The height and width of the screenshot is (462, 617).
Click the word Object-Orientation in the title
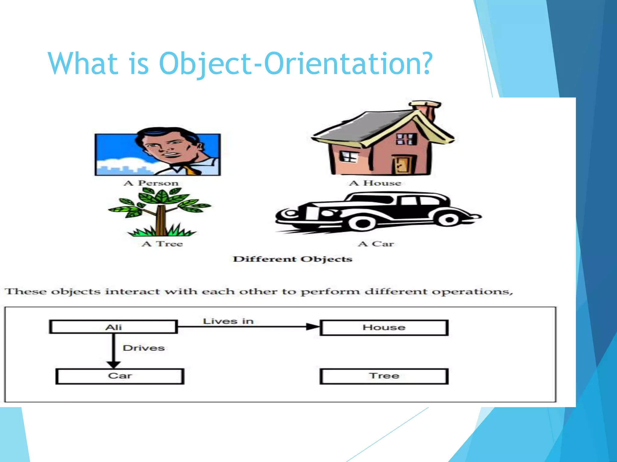tap(295, 64)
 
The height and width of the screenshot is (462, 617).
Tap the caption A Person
tap(151, 183)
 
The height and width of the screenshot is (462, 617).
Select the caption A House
tap(375, 183)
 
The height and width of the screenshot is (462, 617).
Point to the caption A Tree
tap(162, 244)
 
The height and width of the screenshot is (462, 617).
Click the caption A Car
tap(376, 244)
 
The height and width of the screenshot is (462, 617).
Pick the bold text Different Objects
tap(293, 259)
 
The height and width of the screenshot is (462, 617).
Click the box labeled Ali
tap(113, 327)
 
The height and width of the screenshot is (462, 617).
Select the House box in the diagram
tap(384, 327)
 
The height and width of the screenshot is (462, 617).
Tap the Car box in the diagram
tap(120, 376)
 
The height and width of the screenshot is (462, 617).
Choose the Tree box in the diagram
tap(384, 376)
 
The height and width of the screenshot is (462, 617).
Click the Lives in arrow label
tap(228, 321)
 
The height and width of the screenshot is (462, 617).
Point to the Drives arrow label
tap(143, 348)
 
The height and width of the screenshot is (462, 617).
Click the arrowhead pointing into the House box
tap(312, 327)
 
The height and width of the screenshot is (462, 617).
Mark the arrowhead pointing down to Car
tap(114, 364)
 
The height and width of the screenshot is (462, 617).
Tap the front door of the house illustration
tap(402, 165)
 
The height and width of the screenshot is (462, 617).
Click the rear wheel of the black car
tap(449, 219)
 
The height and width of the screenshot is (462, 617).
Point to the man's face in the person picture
tap(169, 148)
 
